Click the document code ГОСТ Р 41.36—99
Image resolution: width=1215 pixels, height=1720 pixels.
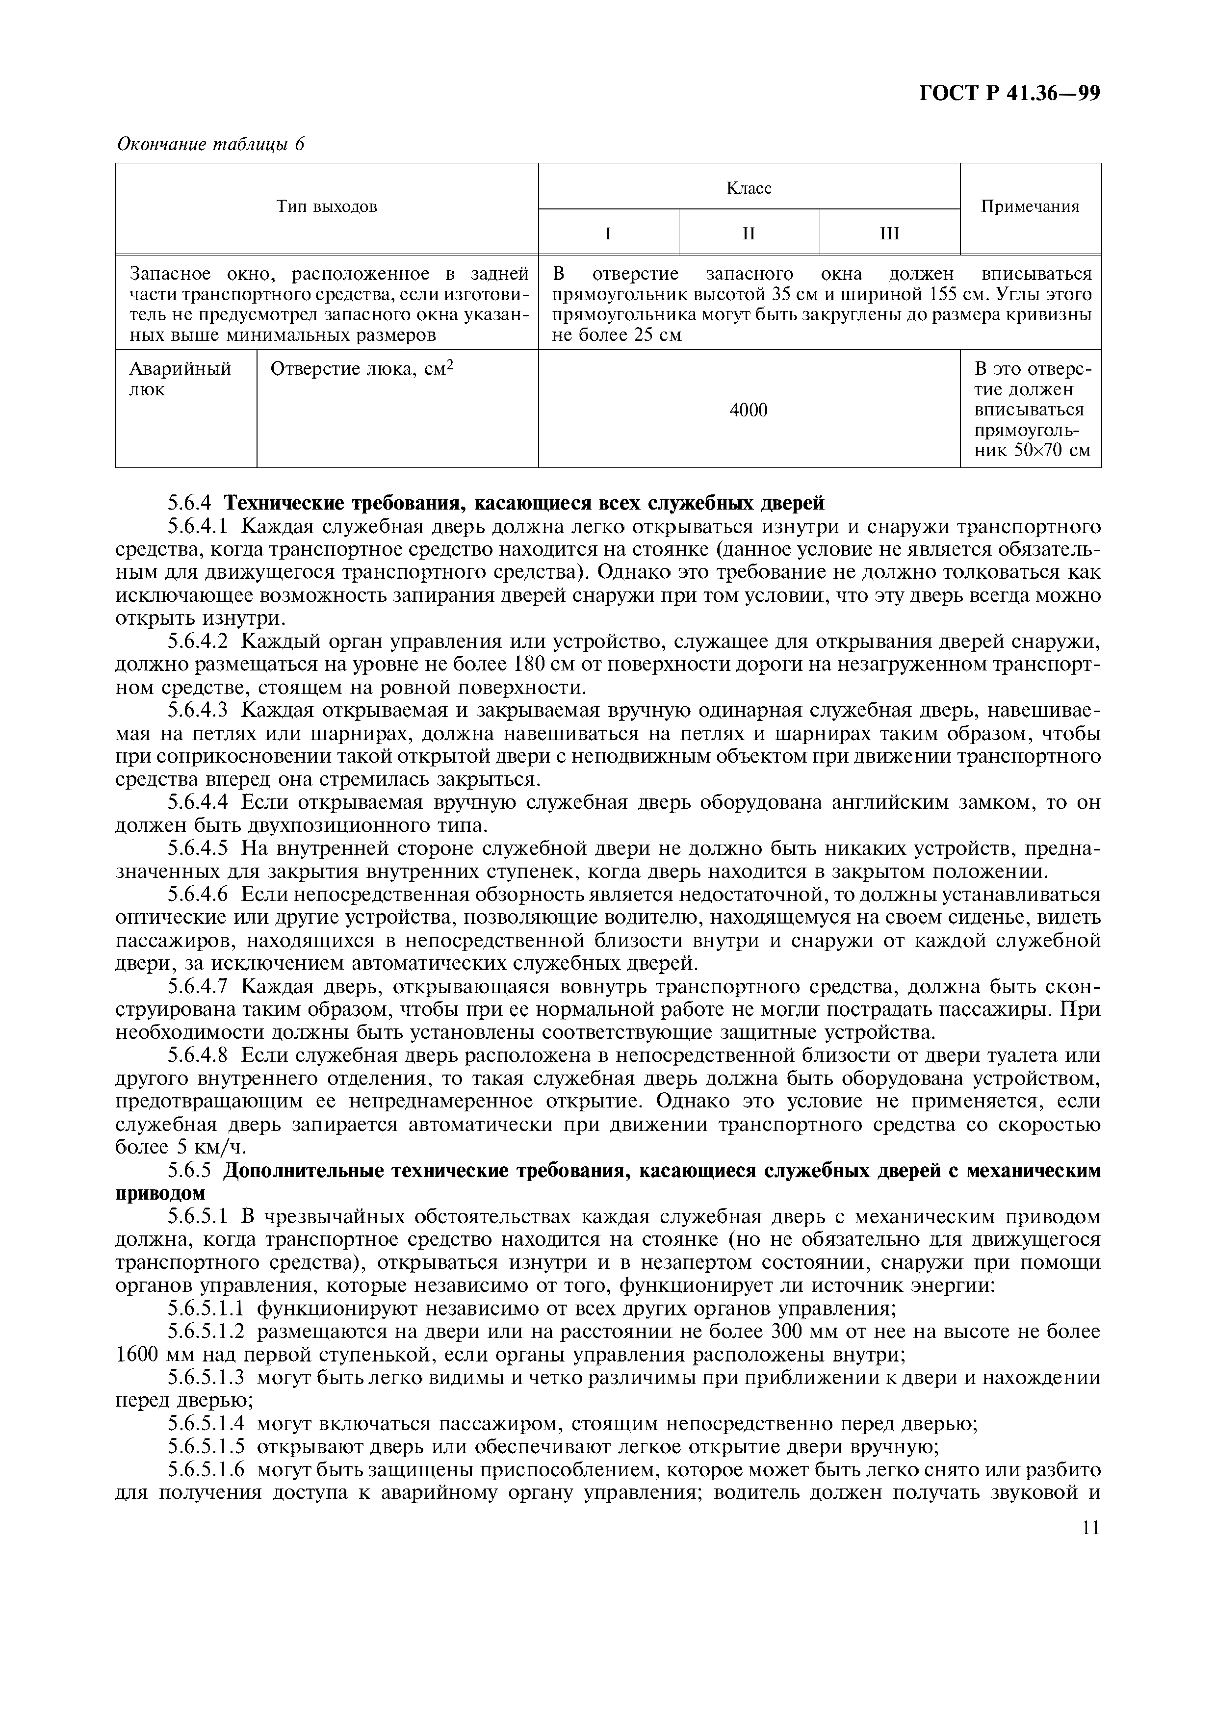[x=1009, y=93]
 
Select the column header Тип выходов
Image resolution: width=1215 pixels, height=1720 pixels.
[x=327, y=207]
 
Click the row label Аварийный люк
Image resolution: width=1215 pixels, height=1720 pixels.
[x=180, y=379]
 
